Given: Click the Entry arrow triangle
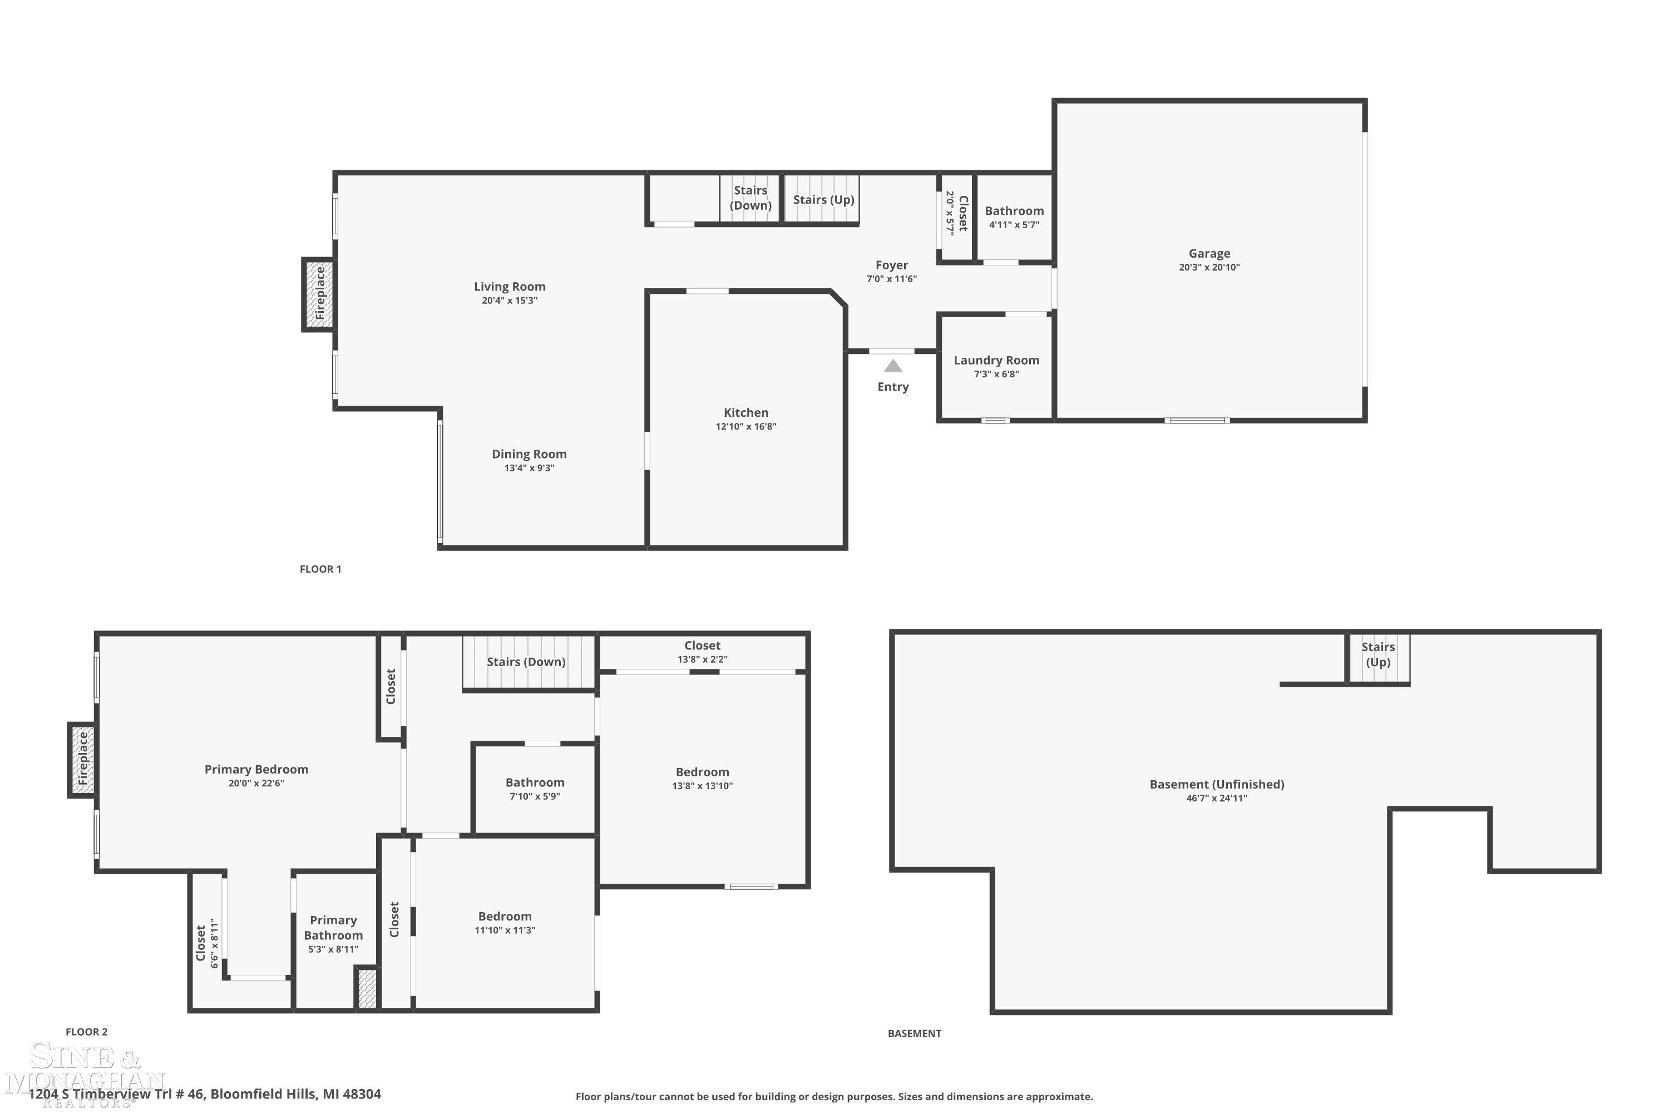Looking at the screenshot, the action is (893, 366).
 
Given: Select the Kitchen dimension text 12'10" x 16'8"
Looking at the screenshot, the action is (746, 427).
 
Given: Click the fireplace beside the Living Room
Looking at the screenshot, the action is (319, 294).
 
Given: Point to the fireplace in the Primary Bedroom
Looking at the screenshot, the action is (82, 760).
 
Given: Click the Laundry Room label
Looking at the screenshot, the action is (996, 360).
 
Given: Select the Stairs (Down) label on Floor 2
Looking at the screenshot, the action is (526, 662).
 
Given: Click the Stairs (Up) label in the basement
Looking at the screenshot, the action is (1378, 654).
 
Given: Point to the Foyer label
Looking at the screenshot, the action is (891, 265).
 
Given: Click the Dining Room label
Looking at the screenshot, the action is (530, 454).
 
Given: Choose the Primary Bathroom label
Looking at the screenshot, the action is (333, 928).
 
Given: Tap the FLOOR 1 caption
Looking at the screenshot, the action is (321, 569).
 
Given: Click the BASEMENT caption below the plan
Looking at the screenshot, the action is (914, 1033).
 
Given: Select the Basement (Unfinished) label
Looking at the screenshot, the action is (1217, 784).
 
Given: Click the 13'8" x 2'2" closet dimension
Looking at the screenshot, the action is (703, 659).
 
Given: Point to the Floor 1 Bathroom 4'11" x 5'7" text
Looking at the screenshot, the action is (1014, 225).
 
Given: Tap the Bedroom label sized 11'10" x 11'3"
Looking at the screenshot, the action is (505, 917).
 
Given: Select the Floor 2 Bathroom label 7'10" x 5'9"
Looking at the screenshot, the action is (535, 782).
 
